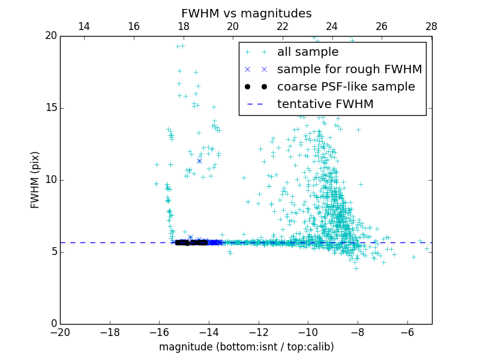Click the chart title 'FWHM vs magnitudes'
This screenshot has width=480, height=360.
pos(246,13)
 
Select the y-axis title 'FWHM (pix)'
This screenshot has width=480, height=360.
pos(35,180)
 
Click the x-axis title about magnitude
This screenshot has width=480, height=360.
pos(246,347)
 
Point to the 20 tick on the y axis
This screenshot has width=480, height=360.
pos(50,36)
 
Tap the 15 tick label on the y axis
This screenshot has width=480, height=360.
pos(50,108)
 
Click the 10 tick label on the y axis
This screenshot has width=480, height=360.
pos(50,180)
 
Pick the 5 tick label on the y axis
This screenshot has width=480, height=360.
pos(53,252)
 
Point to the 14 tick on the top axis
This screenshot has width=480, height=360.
pos(84,26)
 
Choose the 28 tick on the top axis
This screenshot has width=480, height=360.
pos(431,26)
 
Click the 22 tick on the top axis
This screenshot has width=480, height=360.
pos(283,26)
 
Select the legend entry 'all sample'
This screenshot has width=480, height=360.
pos(307,52)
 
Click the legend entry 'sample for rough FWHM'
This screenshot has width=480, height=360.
pos(349,70)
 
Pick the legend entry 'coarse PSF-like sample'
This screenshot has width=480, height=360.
pos(346,87)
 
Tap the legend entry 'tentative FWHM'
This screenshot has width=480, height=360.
pos(325,104)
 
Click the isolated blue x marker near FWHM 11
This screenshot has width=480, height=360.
pos(199,161)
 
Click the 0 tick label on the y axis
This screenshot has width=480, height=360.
pos(53,324)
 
